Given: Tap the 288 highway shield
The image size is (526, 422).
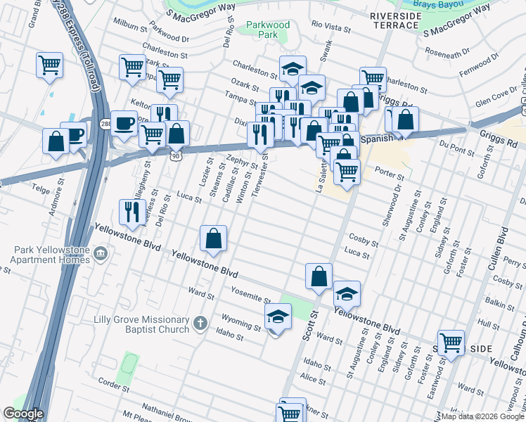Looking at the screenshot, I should pyautogui.click(x=104, y=124).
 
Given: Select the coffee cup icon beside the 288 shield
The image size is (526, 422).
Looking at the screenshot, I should pyautogui.click(x=124, y=122).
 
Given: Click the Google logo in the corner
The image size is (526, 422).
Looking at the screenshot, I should pyautogui.click(x=23, y=414).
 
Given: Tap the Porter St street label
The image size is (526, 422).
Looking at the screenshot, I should pyautogui.click(x=389, y=177).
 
